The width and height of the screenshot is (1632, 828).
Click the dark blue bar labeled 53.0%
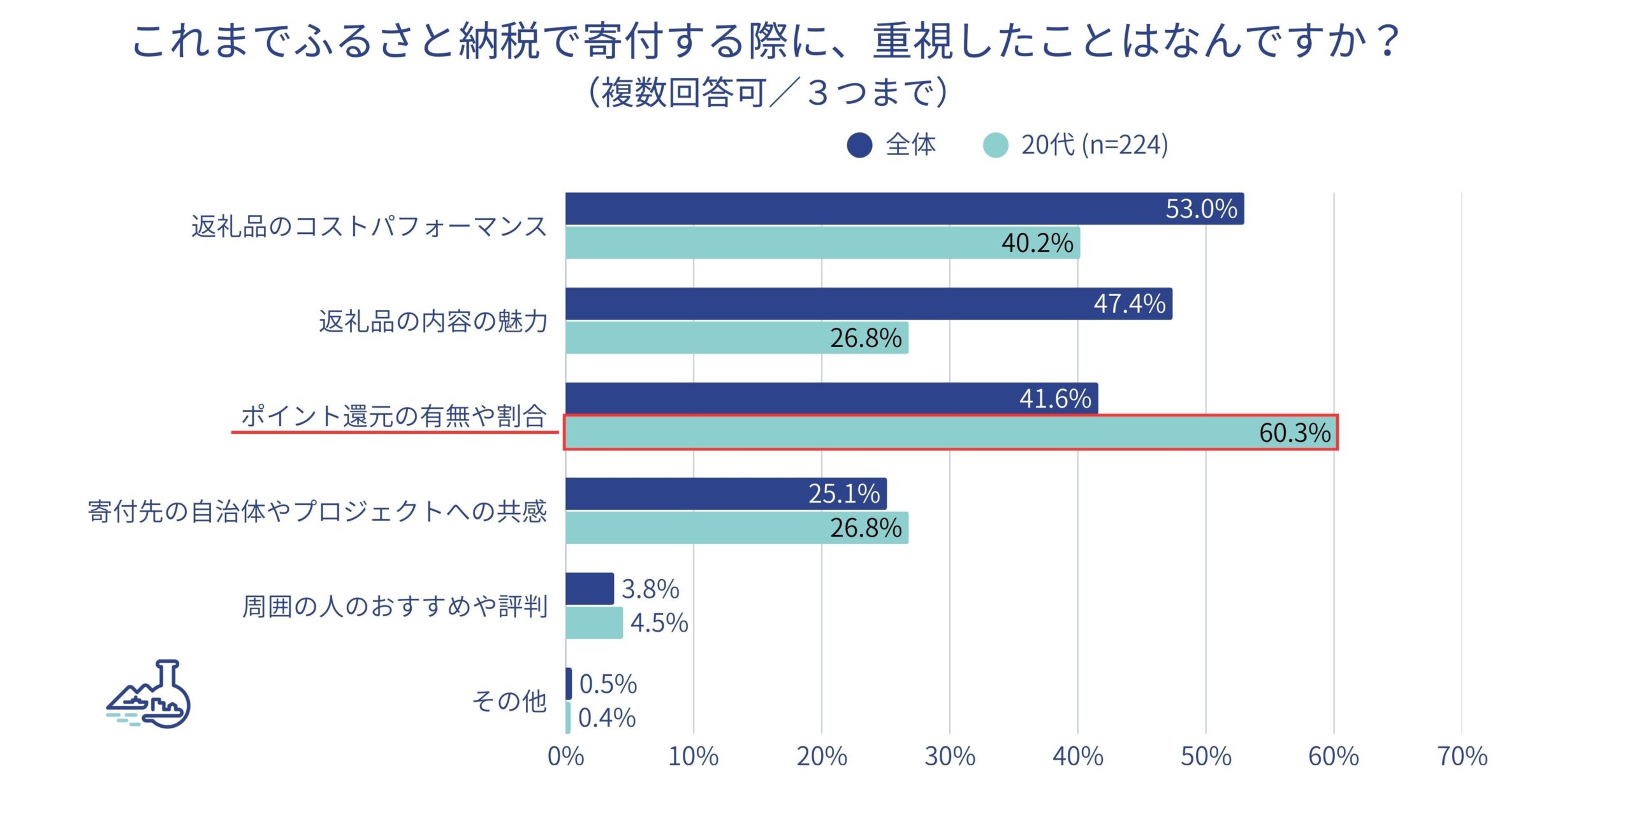tap(904, 209)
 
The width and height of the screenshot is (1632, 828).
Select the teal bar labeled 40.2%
tap(822, 243)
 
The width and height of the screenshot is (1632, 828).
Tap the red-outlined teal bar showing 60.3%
tap(950, 432)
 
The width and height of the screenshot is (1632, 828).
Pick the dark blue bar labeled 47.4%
tap(868, 304)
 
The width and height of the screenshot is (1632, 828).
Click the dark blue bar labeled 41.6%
tap(831, 398)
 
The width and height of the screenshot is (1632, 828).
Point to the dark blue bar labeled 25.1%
tap(725, 494)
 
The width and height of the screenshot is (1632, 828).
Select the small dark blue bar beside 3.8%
tap(590, 589)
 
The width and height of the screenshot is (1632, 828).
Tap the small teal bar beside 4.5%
tap(594, 623)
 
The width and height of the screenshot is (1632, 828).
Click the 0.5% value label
tap(608, 684)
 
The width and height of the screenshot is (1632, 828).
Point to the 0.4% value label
tap(606, 718)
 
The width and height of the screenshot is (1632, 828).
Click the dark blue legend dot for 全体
tap(859, 145)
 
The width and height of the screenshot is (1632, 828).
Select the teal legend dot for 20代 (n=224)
tap(995, 145)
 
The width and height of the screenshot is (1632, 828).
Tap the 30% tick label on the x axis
tap(949, 757)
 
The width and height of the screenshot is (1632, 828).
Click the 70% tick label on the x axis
tap(1462, 757)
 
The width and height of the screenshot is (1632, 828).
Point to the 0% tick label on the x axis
tap(565, 757)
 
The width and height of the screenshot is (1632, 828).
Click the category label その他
tap(509, 701)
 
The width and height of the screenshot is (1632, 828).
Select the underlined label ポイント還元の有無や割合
tap(394, 416)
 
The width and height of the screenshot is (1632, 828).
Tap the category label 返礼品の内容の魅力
tap(433, 321)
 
